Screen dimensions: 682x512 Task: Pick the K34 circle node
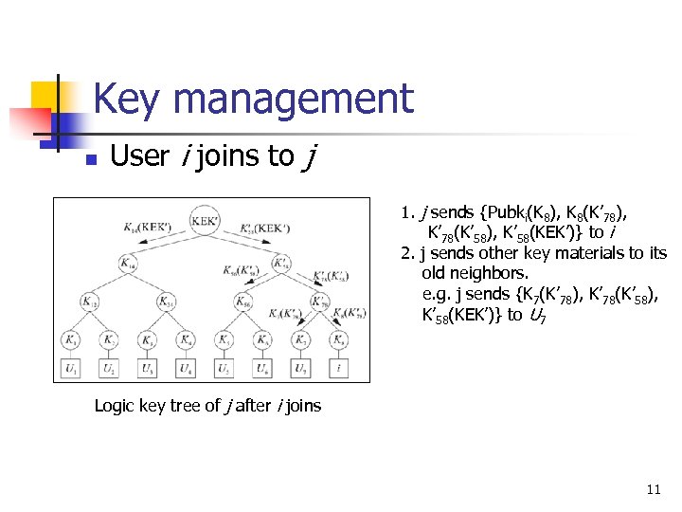[166, 302]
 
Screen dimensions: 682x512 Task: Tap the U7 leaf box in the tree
[301, 366]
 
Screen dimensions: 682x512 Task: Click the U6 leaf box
[262, 366]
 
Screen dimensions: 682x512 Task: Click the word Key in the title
[129, 99]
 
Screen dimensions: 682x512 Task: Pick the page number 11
[653, 489]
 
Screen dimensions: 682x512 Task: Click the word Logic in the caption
[116, 406]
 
